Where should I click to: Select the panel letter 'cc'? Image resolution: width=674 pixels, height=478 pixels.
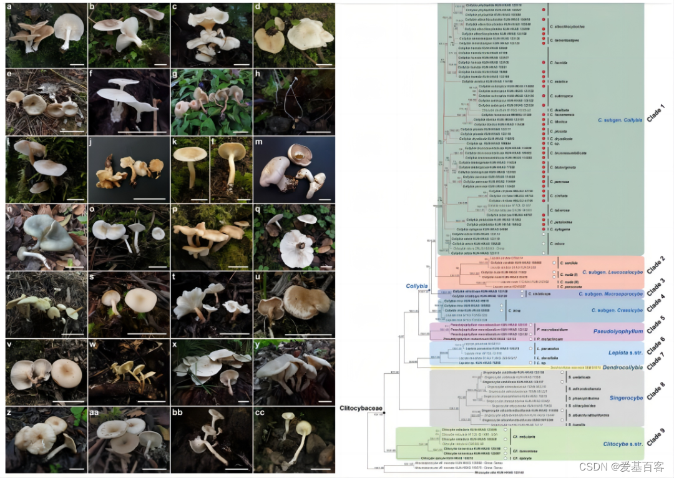[x=261, y=412]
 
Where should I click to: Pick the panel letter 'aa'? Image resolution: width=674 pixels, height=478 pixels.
[x=95, y=412]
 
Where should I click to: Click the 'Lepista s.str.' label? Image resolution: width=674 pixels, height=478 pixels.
[x=625, y=353]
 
